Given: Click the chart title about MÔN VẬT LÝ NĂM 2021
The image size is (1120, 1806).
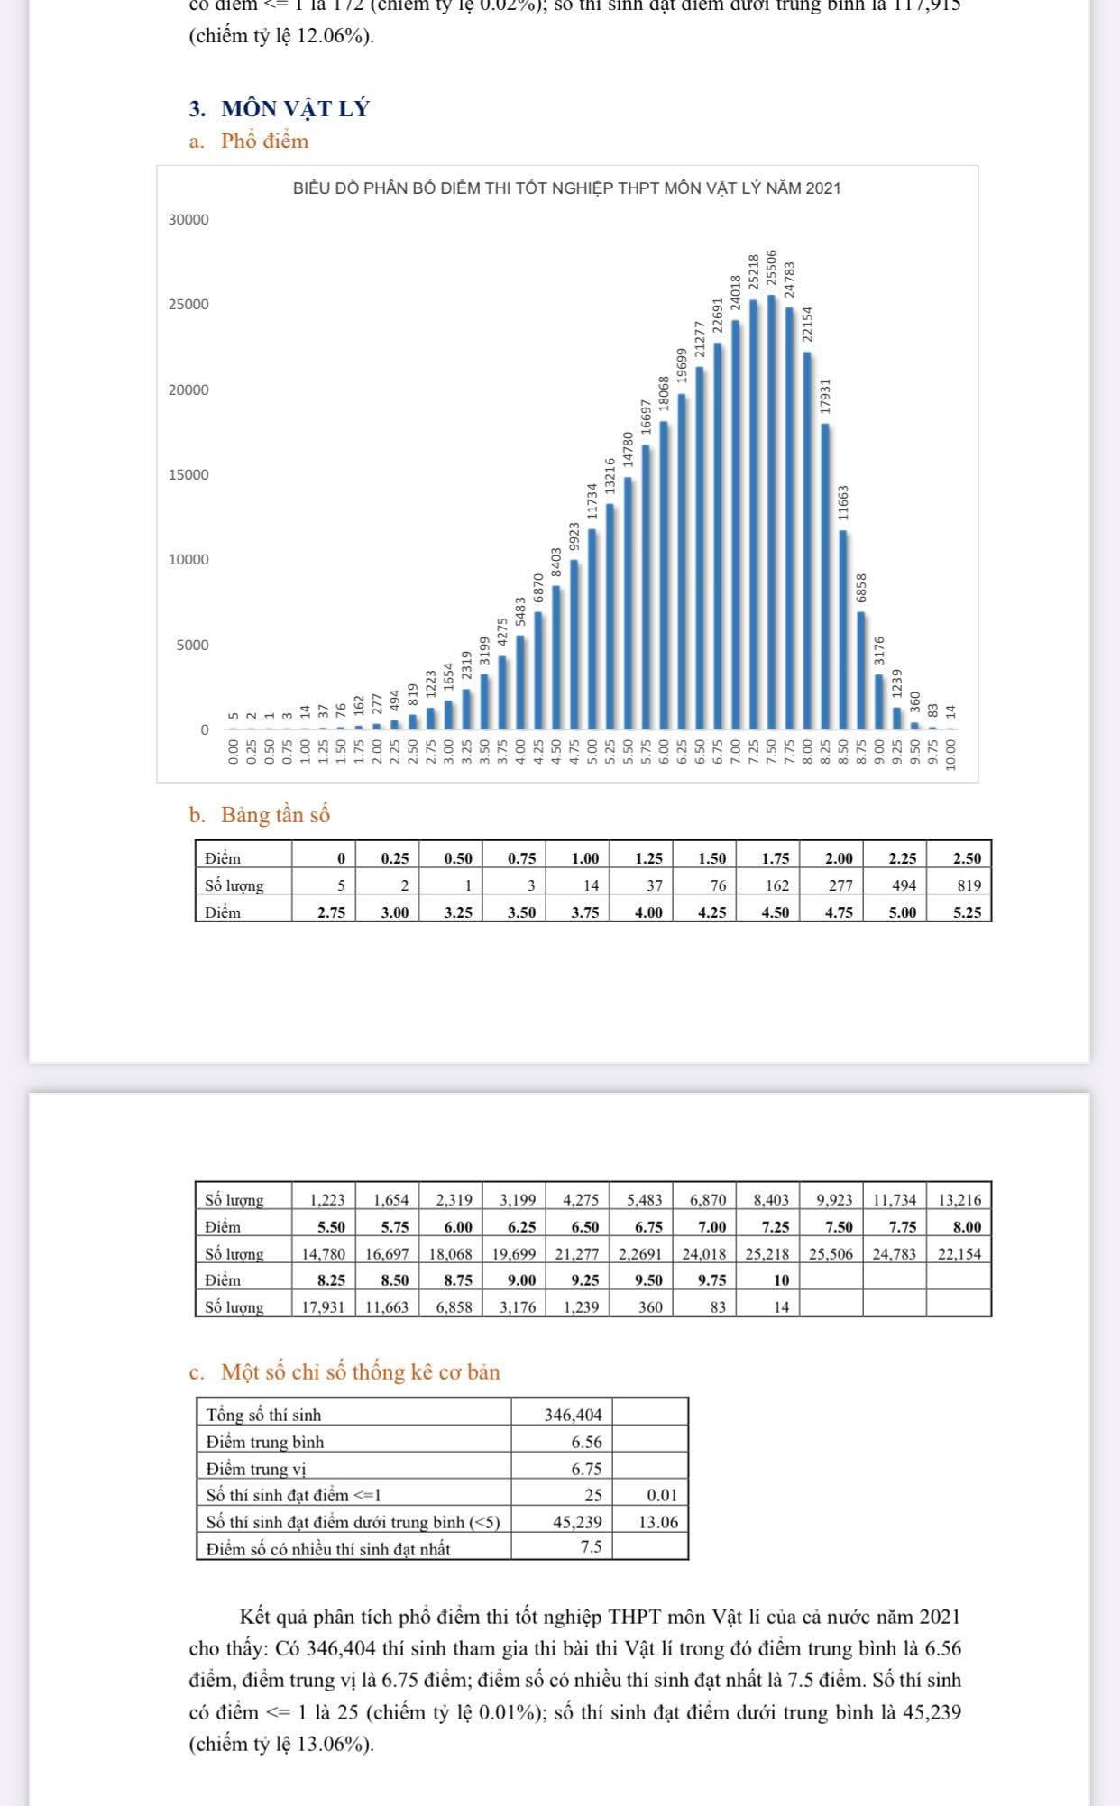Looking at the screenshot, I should (x=566, y=188).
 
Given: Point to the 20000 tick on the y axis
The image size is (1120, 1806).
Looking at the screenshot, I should (x=188, y=390).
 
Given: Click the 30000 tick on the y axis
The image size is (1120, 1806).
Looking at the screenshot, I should (x=188, y=220).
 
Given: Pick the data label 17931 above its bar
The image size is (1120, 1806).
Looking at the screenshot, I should (x=825, y=396).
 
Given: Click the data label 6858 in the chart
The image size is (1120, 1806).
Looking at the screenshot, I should (x=861, y=588).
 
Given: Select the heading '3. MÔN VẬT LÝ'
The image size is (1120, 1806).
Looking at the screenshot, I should (x=280, y=109).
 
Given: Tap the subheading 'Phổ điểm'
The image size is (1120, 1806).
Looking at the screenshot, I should (x=264, y=141).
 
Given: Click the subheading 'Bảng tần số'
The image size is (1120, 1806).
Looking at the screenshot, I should (x=275, y=815).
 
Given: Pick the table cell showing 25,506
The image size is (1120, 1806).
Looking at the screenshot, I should (x=831, y=1253).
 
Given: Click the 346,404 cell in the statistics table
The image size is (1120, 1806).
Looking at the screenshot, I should (x=573, y=1415).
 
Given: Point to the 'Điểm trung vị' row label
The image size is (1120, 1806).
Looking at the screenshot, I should (x=257, y=1469).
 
